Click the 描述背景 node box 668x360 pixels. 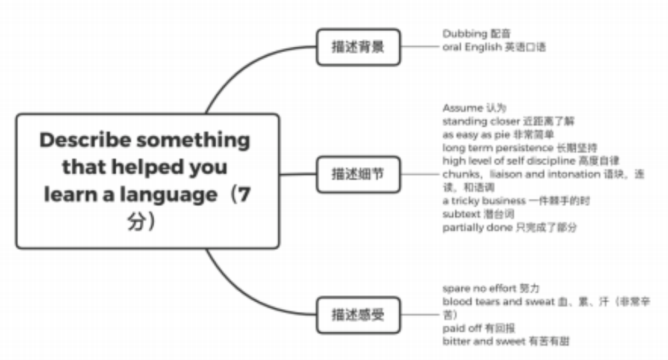click(357, 47)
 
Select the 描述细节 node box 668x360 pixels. click(357, 174)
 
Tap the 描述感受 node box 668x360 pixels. click(357, 315)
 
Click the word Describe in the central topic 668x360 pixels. click(85, 140)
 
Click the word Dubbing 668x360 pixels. click(464, 33)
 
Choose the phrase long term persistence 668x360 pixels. click(488, 148)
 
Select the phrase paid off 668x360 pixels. click(461, 328)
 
